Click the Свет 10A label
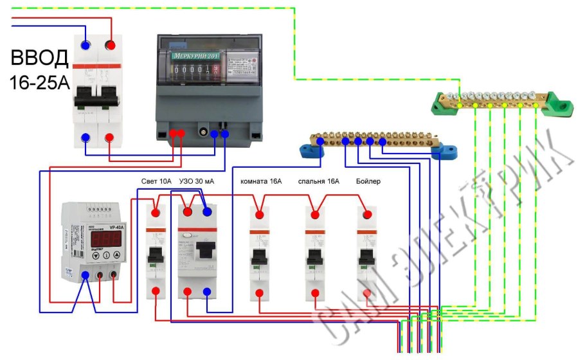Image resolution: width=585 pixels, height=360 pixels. [x=156, y=182]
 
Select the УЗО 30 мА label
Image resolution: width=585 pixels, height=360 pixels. [x=197, y=182]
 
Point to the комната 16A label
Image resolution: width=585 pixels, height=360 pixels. [x=261, y=182]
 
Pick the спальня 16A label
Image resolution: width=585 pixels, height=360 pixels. [x=318, y=182]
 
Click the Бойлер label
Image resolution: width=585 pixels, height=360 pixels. [x=368, y=182]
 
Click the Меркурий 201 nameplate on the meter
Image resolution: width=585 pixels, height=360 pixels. [x=195, y=57]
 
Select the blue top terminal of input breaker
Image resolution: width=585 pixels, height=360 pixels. [x=85, y=45]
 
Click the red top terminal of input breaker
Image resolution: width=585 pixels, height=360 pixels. [x=111, y=45]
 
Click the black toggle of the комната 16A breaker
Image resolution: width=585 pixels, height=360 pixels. [x=260, y=257]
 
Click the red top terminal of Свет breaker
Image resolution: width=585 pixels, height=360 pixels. [x=156, y=213]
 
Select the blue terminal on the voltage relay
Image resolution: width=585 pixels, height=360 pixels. [x=85, y=276]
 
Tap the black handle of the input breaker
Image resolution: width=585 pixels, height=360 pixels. [x=98, y=99]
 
